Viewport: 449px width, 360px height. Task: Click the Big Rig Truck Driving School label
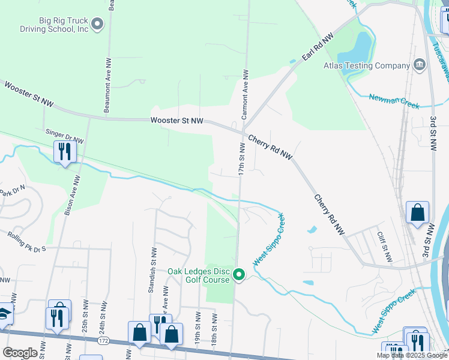[x=64, y=24]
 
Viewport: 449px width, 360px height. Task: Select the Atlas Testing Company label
[x=366, y=65]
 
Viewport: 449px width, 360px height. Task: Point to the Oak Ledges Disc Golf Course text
[x=199, y=275]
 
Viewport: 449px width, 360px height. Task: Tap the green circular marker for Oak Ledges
[x=239, y=275]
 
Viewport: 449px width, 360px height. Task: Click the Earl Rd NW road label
[x=318, y=48]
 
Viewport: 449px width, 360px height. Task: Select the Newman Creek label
[x=394, y=100]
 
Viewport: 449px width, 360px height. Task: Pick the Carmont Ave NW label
[x=245, y=95]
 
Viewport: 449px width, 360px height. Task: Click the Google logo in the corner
[x=20, y=352]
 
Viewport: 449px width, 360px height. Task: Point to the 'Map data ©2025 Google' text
[x=412, y=355]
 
